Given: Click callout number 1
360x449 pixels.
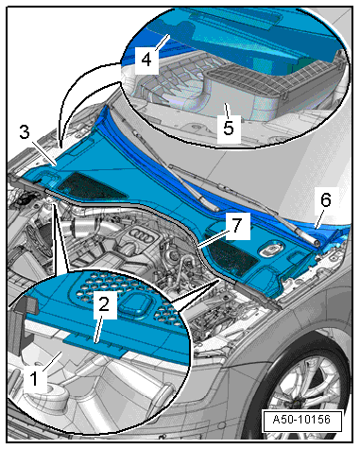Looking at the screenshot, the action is point(34,378).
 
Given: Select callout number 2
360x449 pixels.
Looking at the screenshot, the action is point(104,304).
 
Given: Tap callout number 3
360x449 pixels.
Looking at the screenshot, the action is point(25,131).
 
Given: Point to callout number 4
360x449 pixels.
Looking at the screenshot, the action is point(146,60).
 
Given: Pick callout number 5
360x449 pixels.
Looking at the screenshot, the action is point(229,128).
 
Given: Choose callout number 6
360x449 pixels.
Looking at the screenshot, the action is point(326,200).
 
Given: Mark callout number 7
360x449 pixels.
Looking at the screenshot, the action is point(237,225).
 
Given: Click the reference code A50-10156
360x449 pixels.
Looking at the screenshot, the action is point(301,420).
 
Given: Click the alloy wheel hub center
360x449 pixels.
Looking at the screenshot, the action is point(295,405).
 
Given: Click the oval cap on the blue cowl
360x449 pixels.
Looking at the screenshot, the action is point(270,250).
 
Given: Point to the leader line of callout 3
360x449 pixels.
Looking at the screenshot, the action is point(44,153).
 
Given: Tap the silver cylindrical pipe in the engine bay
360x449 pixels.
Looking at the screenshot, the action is point(82,228).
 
